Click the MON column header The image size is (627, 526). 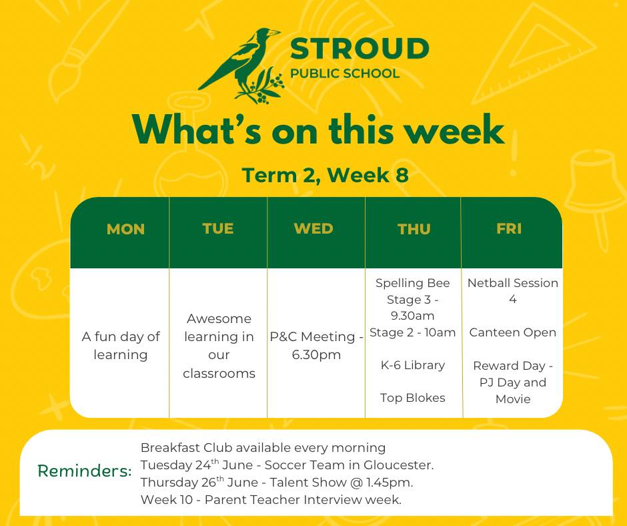(x=125, y=229)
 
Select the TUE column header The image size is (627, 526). (x=218, y=228)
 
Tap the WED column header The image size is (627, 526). (x=313, y=228)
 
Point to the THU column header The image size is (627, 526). (x=414, y=229)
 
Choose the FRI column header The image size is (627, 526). (x=509, y=228)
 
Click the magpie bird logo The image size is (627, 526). (x=241, y=65)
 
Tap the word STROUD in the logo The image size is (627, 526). (x=360, y=49)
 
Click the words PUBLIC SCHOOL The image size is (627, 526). (x=345, y=73)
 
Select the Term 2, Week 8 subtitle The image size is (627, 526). (x=325, y=176)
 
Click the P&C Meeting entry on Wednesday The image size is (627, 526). (x=316, y=346)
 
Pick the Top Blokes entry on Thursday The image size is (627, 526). (x=413, y=398)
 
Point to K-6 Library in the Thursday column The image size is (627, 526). (x=413, y=365)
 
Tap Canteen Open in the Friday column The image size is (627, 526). (x=513, y=332)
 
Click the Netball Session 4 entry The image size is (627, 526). (x=513, y=291)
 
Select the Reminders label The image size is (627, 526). (x=84, y=471)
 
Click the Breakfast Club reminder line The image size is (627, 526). (x=263, y=447)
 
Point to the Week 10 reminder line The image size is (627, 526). (x=271, y=500)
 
